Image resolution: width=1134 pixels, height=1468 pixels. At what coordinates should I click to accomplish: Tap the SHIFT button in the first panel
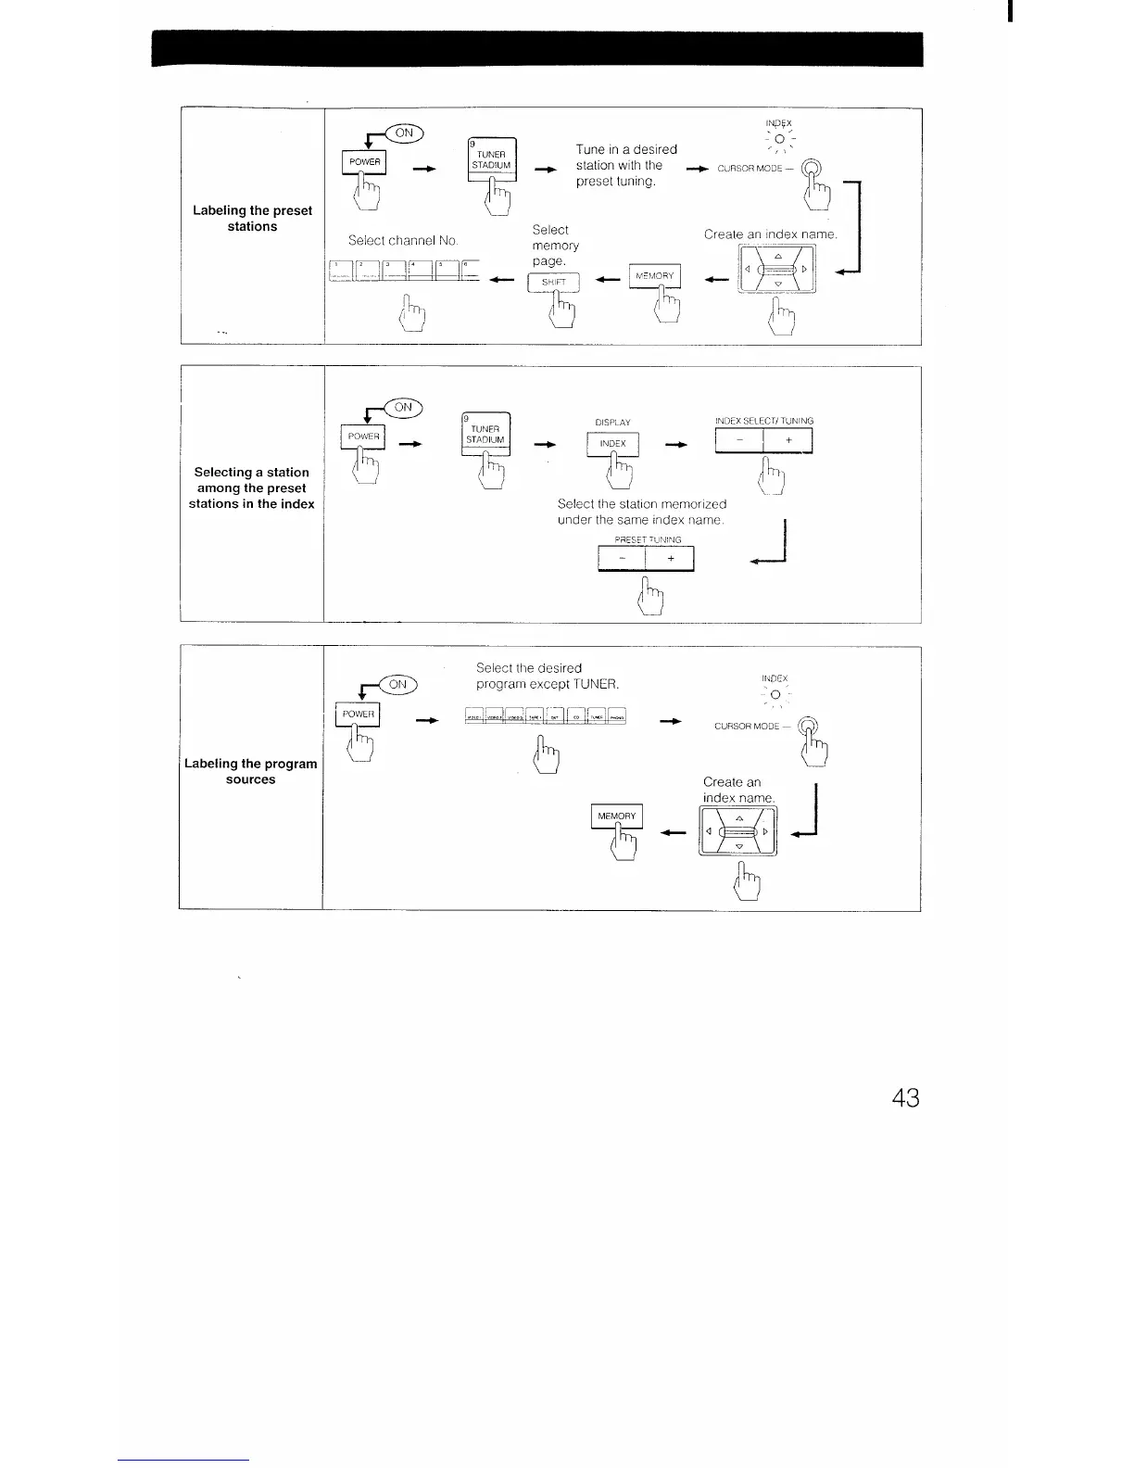click(552, 283)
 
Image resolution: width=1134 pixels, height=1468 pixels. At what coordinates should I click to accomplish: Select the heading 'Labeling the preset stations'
click(252, 218)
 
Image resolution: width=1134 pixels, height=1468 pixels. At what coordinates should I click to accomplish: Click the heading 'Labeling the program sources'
click(251, 771)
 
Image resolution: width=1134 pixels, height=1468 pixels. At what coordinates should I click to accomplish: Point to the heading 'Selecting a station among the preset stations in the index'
click(252, 488)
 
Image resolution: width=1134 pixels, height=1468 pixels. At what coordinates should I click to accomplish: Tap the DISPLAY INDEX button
click(612, 444)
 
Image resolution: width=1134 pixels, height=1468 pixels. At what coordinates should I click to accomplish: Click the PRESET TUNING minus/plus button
click(646, 559)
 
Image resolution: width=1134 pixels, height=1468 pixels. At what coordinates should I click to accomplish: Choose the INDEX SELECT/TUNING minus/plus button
click(763, 441)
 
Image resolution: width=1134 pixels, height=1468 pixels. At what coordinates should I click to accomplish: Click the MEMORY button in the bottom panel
click(616, 816)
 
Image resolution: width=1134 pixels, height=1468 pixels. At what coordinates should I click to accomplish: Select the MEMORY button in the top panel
click(654, 275)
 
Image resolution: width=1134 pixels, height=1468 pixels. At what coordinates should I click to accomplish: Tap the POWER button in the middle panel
click(364, 437)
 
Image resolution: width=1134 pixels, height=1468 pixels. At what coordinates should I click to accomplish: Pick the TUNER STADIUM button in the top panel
click(491, 160)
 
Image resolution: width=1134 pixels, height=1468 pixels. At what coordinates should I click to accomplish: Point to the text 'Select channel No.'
click(403, 240)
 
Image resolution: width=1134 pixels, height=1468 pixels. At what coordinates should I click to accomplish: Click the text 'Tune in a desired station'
click(626, 157)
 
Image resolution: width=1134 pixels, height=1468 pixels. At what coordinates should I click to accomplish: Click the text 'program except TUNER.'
click(547, 684)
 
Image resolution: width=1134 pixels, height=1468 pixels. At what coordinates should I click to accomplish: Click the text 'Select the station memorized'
click(641, 503)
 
